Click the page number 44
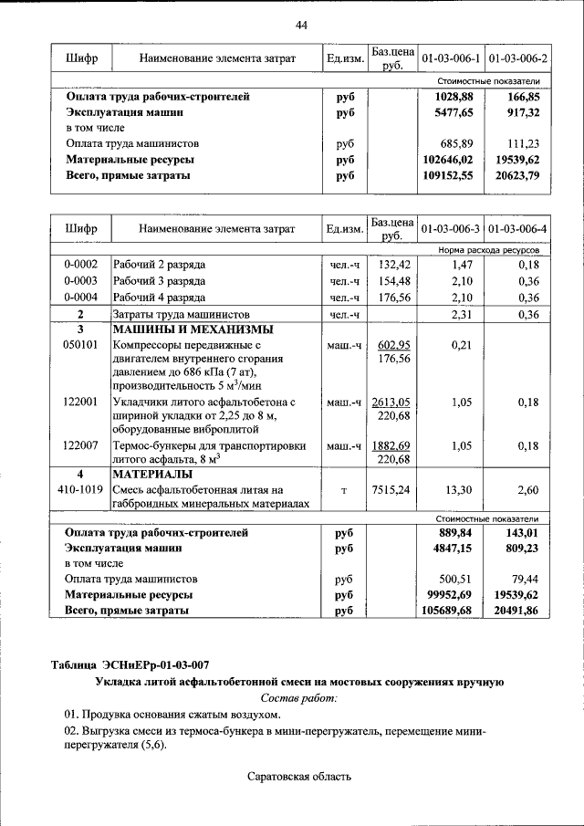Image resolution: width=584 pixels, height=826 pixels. (x=301, y=25)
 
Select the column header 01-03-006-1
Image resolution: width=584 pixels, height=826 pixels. (x=450, y=58)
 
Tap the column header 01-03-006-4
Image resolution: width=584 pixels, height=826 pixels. (x=517, y=227)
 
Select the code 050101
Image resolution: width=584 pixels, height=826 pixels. (x=80, y=346)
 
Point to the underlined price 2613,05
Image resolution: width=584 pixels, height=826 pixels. (x=391, y=402)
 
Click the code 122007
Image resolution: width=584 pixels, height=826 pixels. (x=80, y=445)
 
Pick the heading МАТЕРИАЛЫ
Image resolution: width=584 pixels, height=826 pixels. (x=152, y=475)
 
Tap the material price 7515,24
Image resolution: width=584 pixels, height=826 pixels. (x=391, y=490)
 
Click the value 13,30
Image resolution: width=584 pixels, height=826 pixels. (x=449, y=490)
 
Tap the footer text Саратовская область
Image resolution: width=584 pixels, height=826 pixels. (x=298, y=777)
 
